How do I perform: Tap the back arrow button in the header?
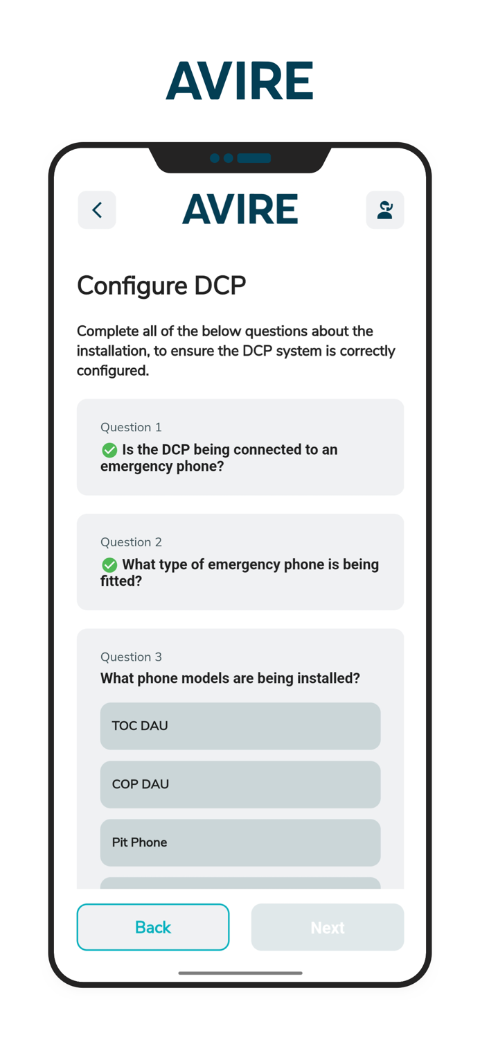[x=97, y=210]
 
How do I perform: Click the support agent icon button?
[x=385, y=210]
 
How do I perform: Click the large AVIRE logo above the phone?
[x=240, y=81]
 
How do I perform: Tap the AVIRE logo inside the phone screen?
[x=240, y=209]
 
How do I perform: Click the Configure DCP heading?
[x=161, y=286]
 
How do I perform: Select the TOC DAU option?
[x=240, y=726]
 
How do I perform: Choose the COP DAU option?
[x=240, y=784]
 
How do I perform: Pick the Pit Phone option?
[x=240, y=842]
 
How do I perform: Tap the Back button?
[x=153, y=927]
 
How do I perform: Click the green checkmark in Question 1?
[x=109, y=450]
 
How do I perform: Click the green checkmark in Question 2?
[x=109, y=564]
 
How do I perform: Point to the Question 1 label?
[x=131, y=427]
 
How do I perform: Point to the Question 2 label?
[x=131, y=541]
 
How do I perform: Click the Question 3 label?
[x=131, y=657]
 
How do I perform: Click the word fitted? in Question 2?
[x=121, y=581]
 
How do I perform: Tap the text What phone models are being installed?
[x=230, y=678]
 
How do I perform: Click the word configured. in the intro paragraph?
[x=113, y=371]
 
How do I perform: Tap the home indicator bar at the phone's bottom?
[x=240, y=973]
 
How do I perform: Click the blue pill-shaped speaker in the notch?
[x=254, y=158]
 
